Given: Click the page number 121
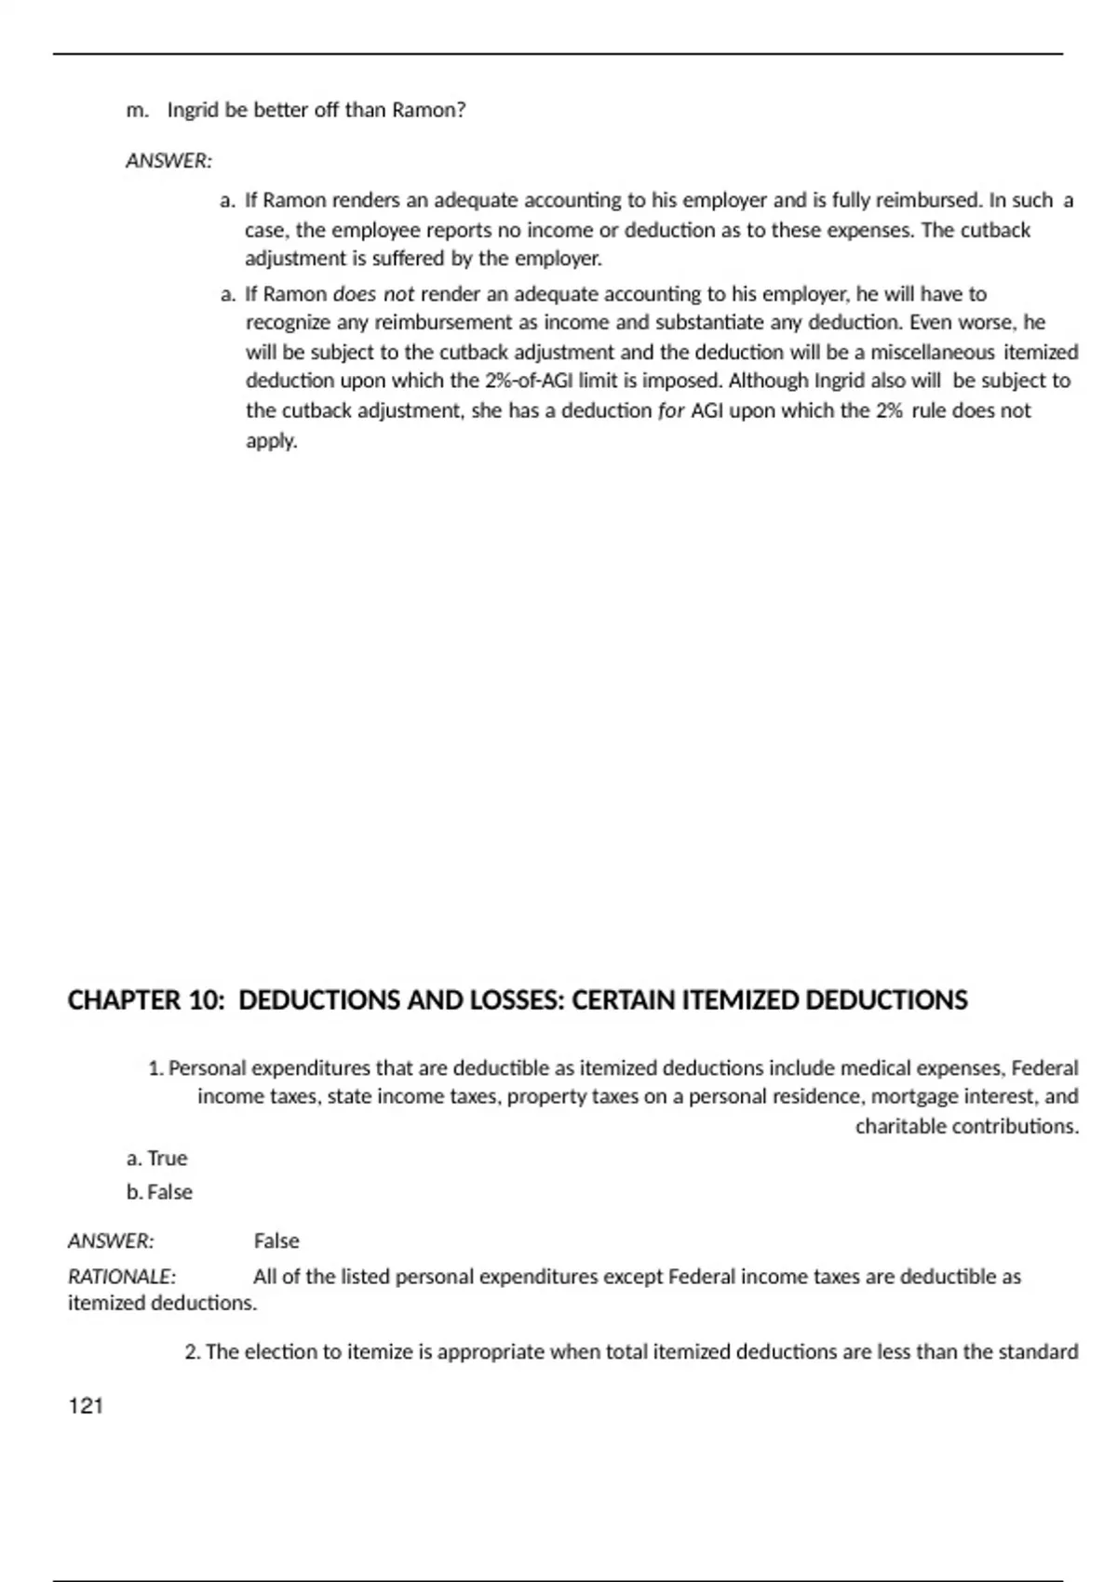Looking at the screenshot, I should tap(86, 1406).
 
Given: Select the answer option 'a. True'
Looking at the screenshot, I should tap(157, 1159).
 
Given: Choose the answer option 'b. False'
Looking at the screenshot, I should tap(159, 1192).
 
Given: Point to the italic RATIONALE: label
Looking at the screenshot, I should tap(122, 1276).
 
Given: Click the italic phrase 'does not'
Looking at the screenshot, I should tap(373, 294).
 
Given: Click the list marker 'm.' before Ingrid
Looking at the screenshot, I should tap(137, 110).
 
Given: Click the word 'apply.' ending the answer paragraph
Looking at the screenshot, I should tap(271, 440).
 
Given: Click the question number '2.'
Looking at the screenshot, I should tap(193, 1352).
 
